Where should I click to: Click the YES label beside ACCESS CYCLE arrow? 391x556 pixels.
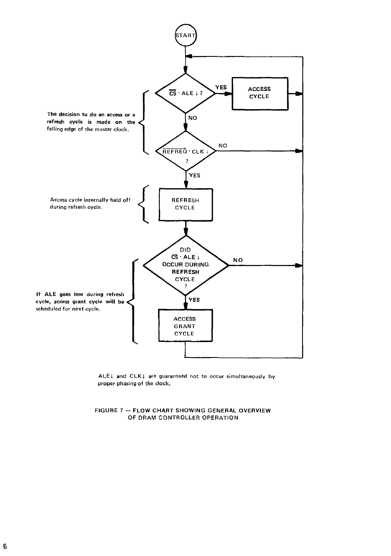pos(221,87)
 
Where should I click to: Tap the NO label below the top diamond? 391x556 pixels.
pos(193,118)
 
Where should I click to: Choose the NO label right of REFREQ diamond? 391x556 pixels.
pos(223,146)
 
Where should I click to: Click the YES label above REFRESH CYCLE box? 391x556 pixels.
pos(195,175)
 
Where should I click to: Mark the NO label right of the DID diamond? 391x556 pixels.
pos(237,260)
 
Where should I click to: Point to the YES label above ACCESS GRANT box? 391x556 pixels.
pos(194,299)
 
